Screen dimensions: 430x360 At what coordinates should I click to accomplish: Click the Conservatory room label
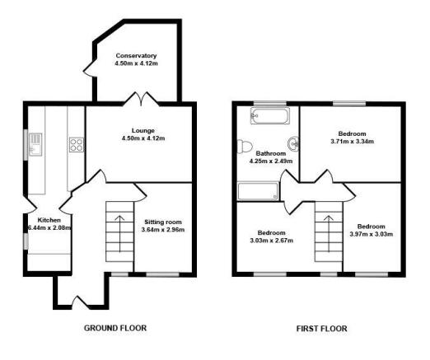coord(136,56)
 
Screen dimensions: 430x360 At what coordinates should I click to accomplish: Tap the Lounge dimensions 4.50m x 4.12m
coord(143,138)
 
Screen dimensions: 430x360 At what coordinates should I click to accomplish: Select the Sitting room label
coord(163,222)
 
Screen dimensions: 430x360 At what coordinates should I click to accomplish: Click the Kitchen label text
coord(49,220)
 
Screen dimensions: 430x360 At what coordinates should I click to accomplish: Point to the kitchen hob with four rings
coord(77,145)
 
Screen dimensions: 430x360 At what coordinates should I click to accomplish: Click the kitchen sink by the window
coord(35,144)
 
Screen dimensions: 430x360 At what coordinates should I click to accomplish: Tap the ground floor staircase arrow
coord(119,234)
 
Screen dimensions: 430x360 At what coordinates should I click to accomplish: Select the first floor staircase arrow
coord(329,233)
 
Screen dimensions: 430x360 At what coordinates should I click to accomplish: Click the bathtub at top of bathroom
coord(270,115)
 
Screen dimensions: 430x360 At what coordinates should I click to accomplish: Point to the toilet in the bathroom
coord(245,146)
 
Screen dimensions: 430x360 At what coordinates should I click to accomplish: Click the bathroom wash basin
coord(293,143)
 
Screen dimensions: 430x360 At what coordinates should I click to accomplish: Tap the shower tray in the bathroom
coord(258,191)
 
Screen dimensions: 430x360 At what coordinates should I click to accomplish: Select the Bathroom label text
coord(271,153)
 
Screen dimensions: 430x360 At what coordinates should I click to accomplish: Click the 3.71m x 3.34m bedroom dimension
coord(353,142)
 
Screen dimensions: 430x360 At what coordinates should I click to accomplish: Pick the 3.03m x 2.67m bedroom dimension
coord(272,241)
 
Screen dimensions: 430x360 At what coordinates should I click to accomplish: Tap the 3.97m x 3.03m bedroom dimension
coord(372,234)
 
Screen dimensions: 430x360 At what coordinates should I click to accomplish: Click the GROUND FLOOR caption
coord(115,328)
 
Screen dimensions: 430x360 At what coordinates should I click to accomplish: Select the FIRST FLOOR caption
coord(321,329)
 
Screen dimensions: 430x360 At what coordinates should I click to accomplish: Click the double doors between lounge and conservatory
coord(141,100)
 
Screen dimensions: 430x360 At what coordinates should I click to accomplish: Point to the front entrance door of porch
coord(80,302)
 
